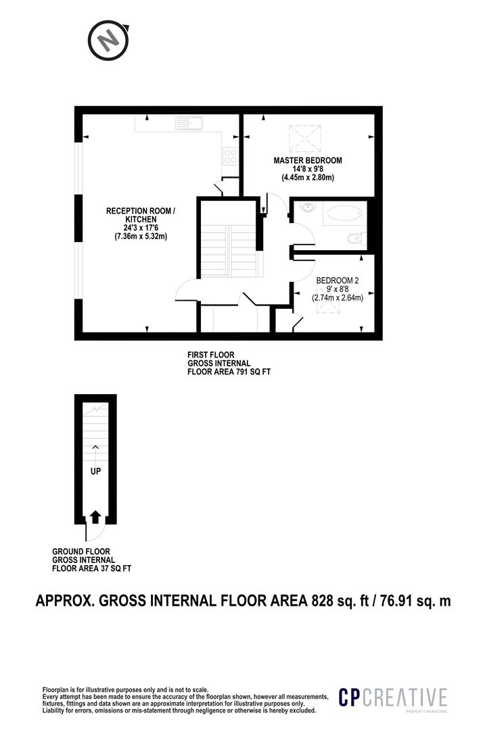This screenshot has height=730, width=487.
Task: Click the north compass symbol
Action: [108, 41]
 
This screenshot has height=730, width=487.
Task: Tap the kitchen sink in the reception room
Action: [189, 123]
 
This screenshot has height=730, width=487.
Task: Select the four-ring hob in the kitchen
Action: [230, 155]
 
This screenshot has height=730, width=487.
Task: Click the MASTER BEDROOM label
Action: [308, 161]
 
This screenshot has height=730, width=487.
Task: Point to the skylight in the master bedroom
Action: [305, 139]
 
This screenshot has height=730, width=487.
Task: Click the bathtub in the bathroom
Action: [344, 214]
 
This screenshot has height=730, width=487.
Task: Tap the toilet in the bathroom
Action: [357, 239]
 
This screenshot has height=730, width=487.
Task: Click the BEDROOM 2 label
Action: [338, 281]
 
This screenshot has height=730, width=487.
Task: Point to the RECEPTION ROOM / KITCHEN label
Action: [141, 215]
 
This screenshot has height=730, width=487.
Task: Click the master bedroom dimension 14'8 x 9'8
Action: [308, 169]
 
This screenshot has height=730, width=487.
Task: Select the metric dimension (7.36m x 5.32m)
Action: [141, 237]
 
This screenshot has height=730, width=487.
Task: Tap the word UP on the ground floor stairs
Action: [95, 471]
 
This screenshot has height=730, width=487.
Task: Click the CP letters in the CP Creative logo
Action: [350, 698]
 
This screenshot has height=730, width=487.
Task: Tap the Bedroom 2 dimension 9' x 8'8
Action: [338, 289]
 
